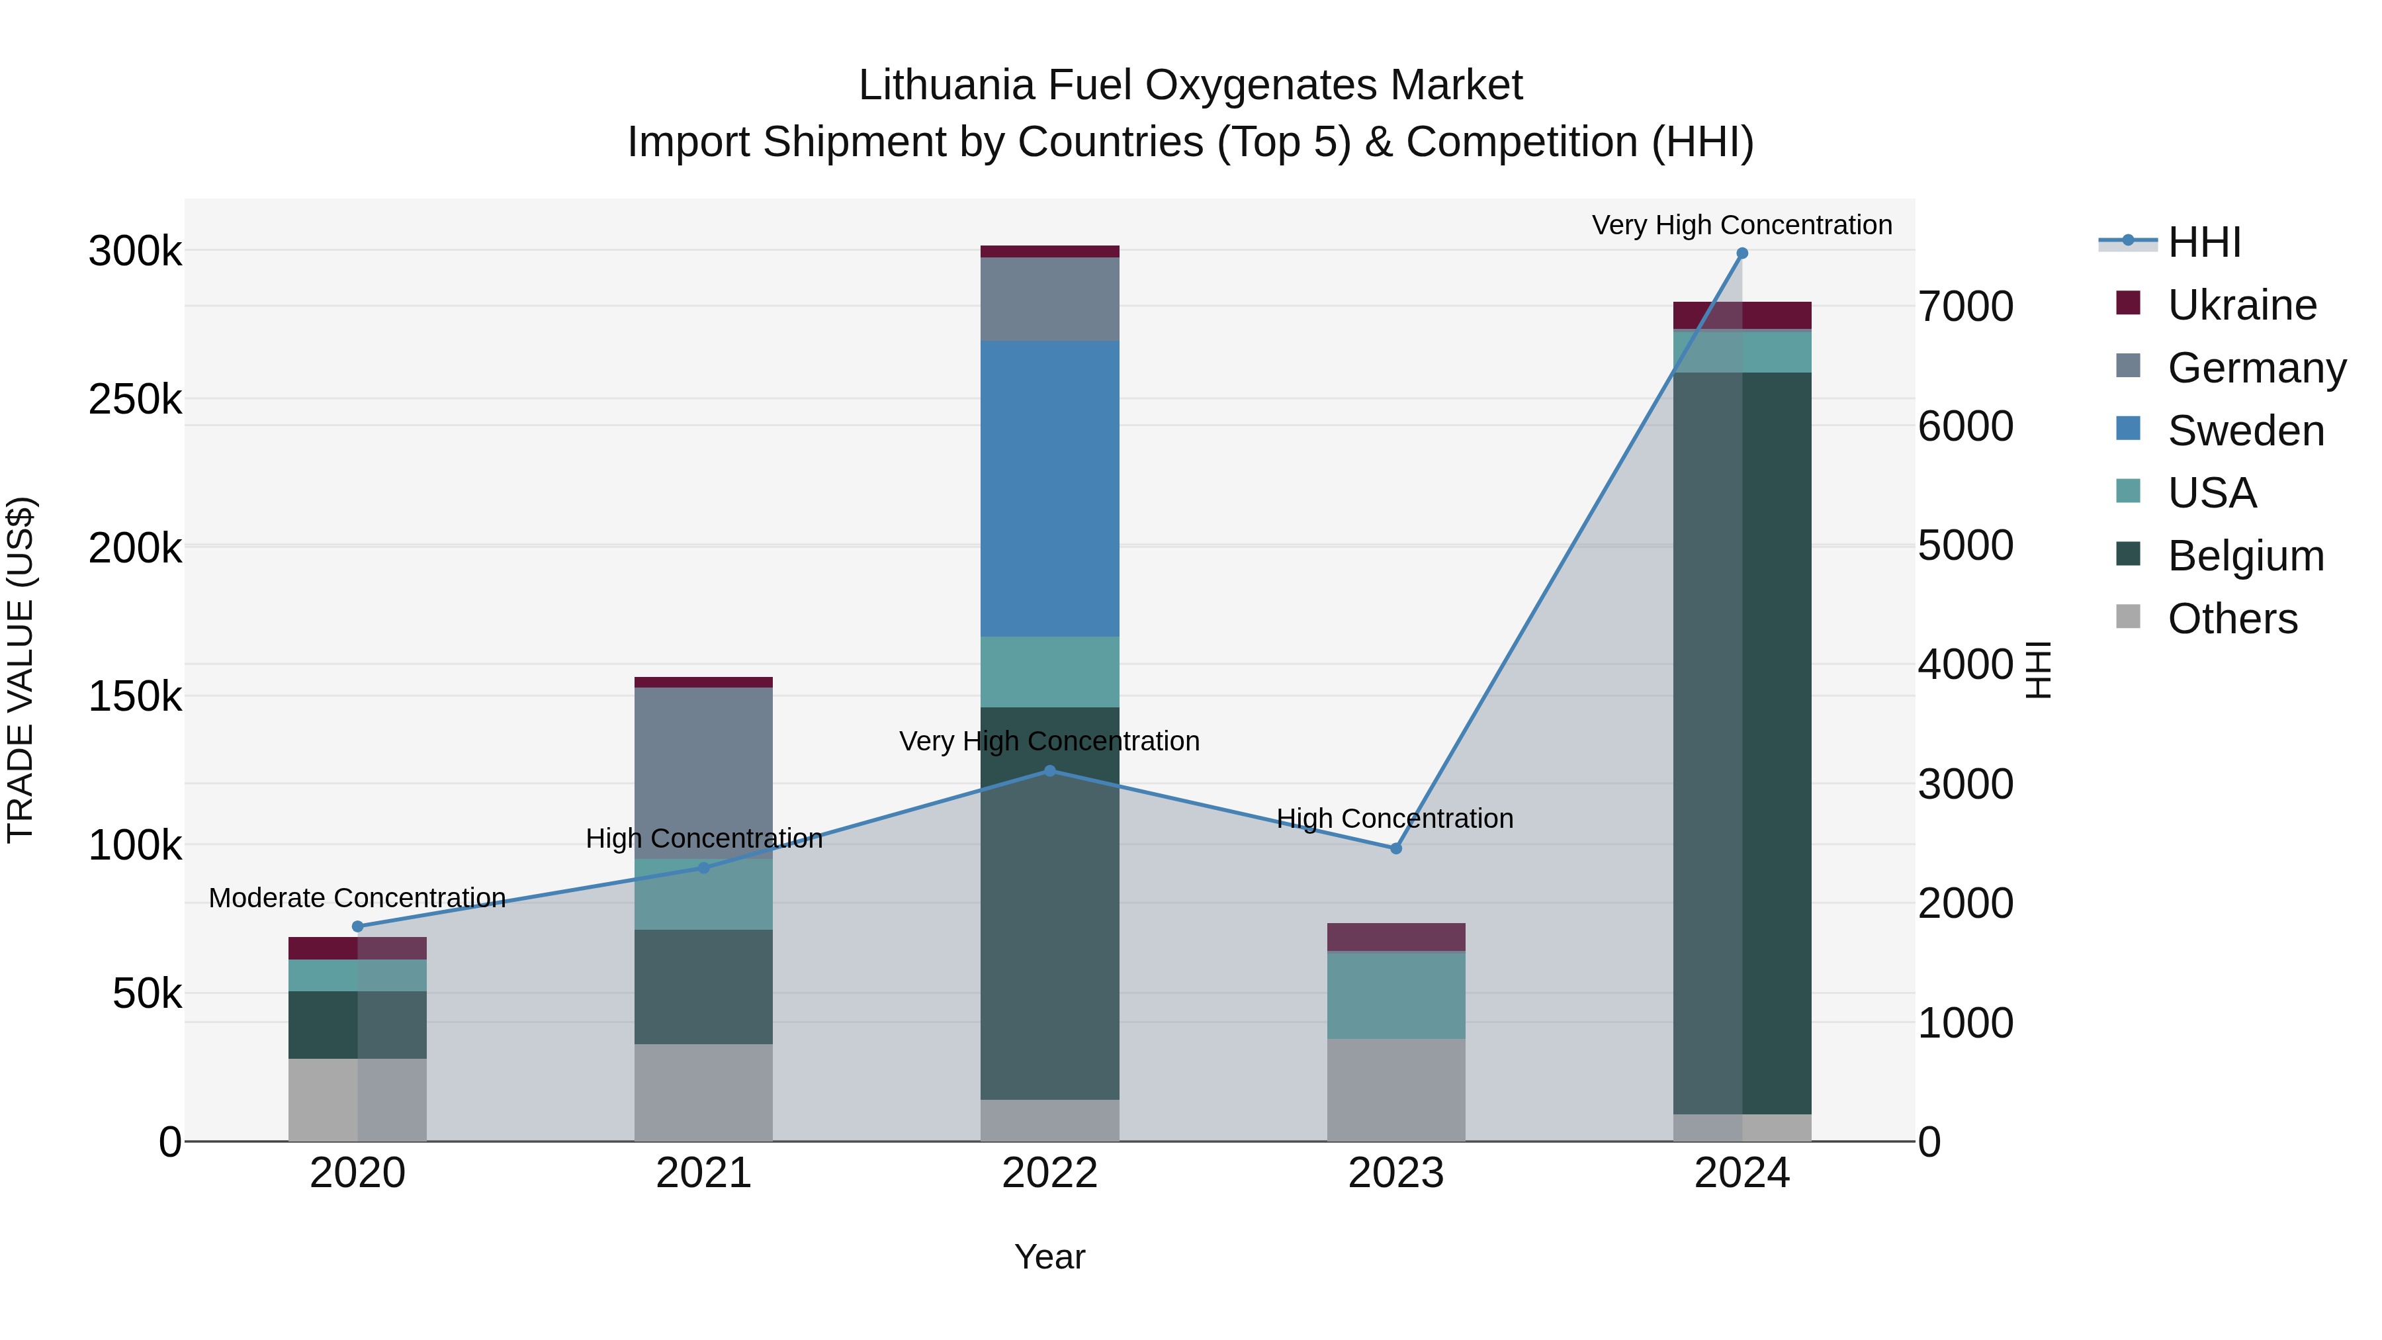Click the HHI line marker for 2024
[x=1742, y=253]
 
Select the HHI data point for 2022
[x=1049, y=770]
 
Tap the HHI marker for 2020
[x=358, y=926]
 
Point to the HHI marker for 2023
[x=1396, y=848]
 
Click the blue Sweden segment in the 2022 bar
[x=1049, y=488]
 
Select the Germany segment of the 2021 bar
[x=704, y=772]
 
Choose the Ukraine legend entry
[x=2242, y=305]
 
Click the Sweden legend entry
[x=2245, y=431]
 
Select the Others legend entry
[x=2232, y=619]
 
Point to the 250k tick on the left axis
[x=135, y=400]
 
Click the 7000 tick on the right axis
[x=1965, y=306]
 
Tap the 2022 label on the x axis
[x=1049, y=1173]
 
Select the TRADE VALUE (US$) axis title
[x=21, y=670]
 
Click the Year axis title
[x=1049, y=1257]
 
